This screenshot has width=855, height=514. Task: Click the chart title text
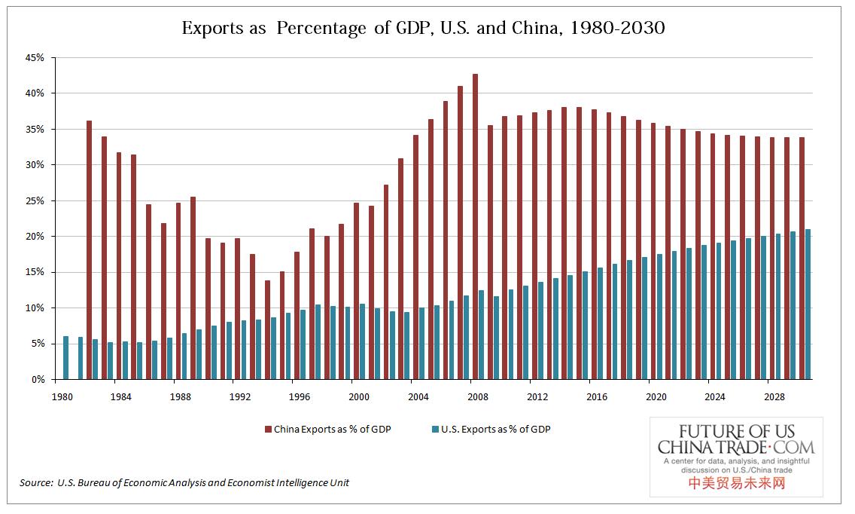pos(423,29)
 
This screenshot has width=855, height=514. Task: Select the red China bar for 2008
pos(475,226)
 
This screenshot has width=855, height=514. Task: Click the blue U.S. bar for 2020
pos(660,317)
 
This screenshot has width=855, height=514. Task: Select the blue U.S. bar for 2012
pos(541,331)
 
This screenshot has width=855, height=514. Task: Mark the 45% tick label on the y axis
pos(36,57)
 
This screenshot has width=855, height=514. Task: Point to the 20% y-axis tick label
pos(36,237)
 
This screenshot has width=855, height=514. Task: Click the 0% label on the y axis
pos(39,380)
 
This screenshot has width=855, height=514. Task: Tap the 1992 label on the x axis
pos(240,396)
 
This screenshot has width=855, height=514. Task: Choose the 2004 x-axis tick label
pos(418,396)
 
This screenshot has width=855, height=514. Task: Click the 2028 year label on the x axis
pos(774,396)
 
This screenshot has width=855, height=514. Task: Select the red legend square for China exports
pos(267,430)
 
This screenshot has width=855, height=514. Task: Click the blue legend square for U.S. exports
pos(435,430)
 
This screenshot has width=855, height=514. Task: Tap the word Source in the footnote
pos(35,482)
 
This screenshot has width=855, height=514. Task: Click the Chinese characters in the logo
pos(737,483)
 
